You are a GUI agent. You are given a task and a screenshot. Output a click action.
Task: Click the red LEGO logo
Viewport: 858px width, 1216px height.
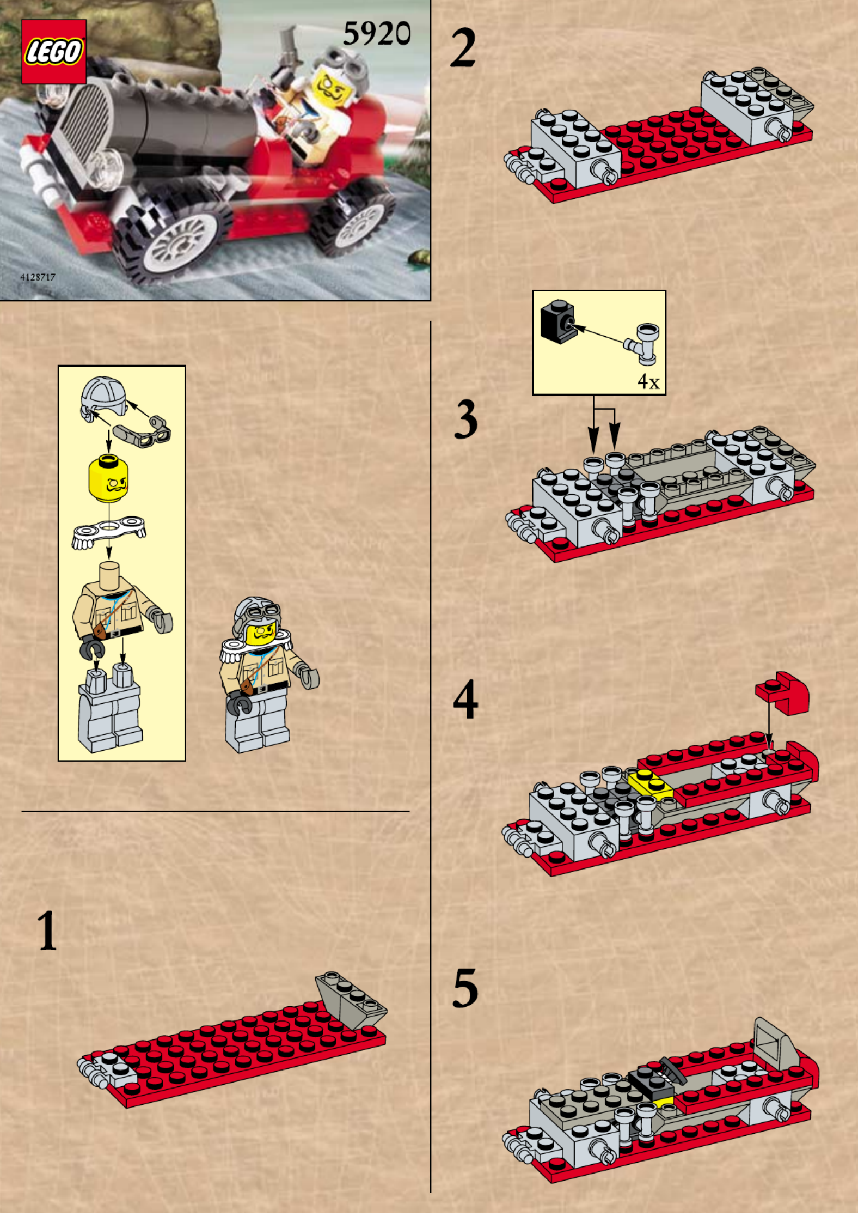pyautogui.click(x=54, y=52)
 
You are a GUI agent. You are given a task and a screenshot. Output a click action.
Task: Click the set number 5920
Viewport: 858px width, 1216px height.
pyautogui.click(x=377, y=34)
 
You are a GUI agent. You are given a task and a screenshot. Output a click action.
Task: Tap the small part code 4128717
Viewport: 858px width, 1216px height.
pyautogui.click(x=38, y=277)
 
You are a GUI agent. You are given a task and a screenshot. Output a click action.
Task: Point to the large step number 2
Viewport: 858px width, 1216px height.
pyautogui.click(x=463, y=48)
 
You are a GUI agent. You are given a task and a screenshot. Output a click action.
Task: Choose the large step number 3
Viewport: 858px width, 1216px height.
pyautogui.click(x=466, y=419)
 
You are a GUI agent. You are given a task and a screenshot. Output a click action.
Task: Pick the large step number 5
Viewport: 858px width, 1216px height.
pyautogui.click(x=465, y=988)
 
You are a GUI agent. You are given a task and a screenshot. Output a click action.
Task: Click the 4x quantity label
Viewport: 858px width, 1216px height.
pyautogui.click(x=648, y=382)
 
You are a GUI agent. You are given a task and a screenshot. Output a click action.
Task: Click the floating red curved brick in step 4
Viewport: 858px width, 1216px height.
pyautogui.click(x=783, y=693)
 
